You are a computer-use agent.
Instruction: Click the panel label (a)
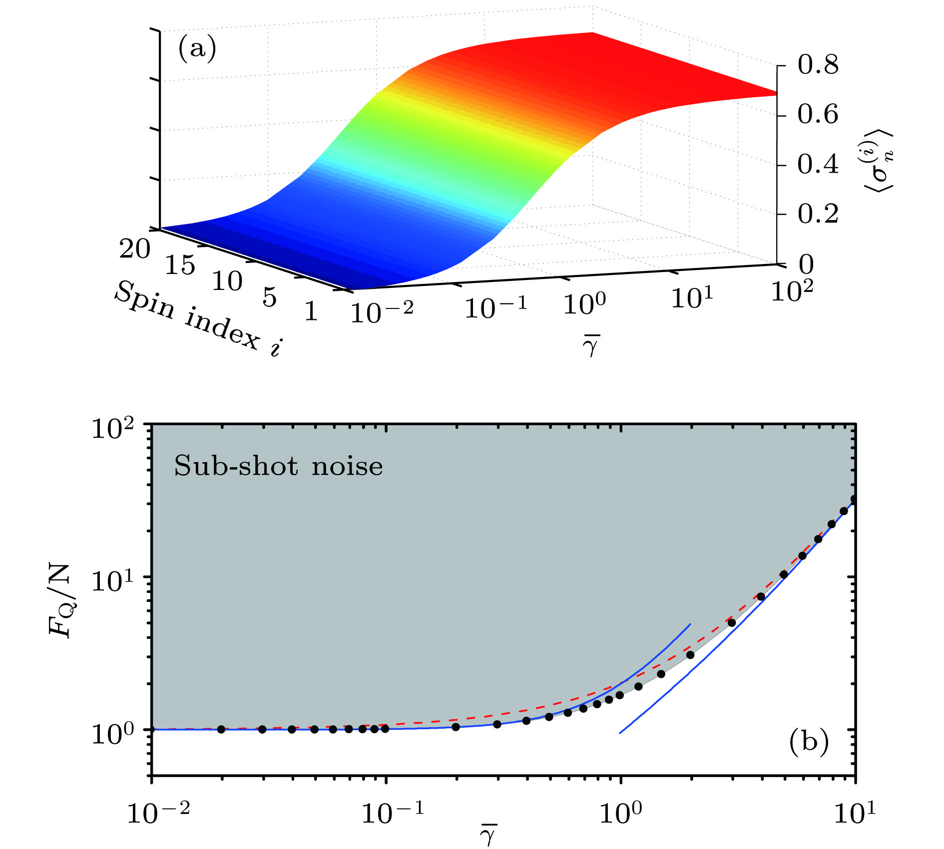197,50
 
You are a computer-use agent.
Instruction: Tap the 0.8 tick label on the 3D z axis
818,65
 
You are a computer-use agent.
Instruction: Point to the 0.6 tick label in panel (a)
818,115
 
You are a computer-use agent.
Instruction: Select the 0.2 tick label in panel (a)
818,214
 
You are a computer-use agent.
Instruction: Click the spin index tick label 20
134,248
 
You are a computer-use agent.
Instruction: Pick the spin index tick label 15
180,265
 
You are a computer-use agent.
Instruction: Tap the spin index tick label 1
311,312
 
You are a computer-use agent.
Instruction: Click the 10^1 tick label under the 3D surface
692,297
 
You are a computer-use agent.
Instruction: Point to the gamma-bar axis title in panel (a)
591,345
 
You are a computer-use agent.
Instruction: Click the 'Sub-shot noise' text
278,467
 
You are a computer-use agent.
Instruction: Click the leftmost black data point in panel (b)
221,729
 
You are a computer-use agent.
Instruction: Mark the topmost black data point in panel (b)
855,499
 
